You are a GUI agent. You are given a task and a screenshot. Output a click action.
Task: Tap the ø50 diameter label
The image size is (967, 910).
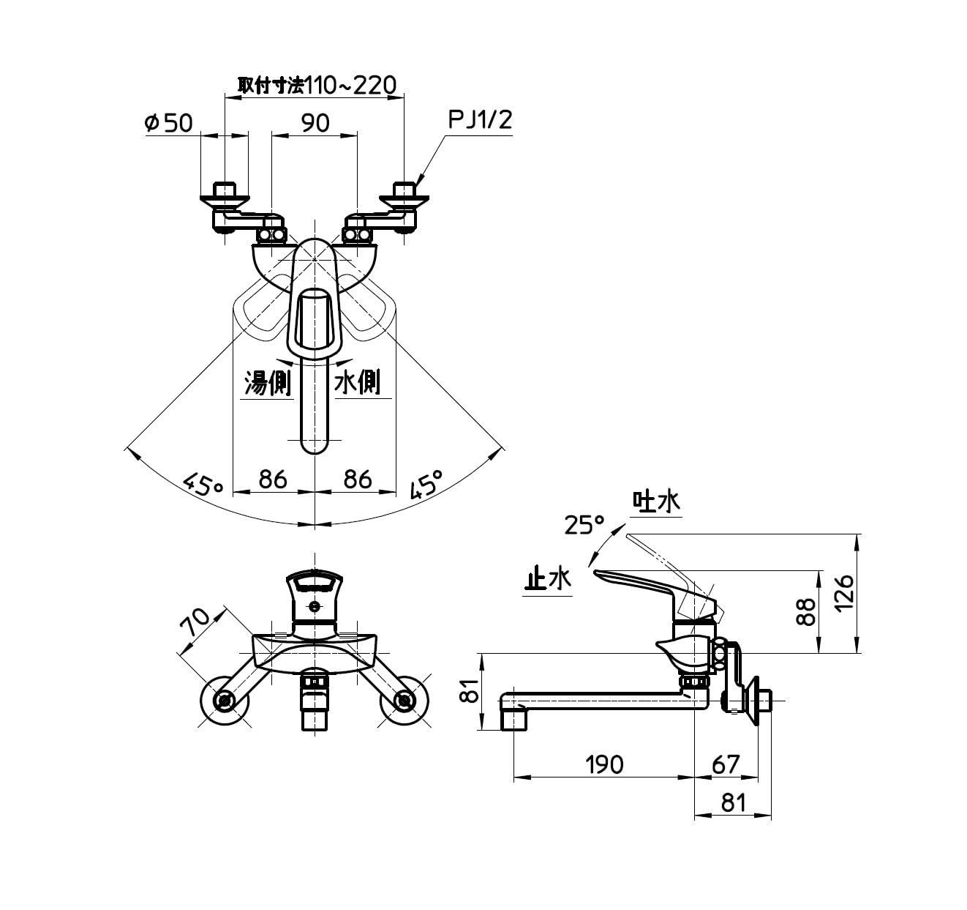tap(168, 122)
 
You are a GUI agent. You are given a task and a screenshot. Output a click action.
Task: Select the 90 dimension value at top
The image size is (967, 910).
tap(315, 122)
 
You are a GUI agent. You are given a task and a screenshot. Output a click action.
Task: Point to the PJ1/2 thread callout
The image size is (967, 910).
tap(480, 120)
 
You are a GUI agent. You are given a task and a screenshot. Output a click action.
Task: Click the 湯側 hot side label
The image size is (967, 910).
tap(267, 382)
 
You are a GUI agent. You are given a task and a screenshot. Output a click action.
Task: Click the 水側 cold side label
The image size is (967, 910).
tap(358, 382)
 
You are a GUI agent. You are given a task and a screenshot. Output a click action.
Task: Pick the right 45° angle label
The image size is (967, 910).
tap(427, 483)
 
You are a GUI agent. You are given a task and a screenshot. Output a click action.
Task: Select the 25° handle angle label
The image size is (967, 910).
tap(584, 524)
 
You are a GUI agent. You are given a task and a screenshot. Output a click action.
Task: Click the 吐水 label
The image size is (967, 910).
tap(656, 502)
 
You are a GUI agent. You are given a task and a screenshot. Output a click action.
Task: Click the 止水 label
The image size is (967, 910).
tap(547, 580)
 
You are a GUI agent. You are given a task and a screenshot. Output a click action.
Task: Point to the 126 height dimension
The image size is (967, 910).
tap(844, 593)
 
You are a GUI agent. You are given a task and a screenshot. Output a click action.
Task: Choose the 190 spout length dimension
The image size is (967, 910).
tap(603, 764)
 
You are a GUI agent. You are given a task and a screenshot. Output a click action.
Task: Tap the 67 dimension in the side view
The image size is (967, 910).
tap(725, 764)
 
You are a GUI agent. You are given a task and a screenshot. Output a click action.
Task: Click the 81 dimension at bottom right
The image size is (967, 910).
tap(732, 803)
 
